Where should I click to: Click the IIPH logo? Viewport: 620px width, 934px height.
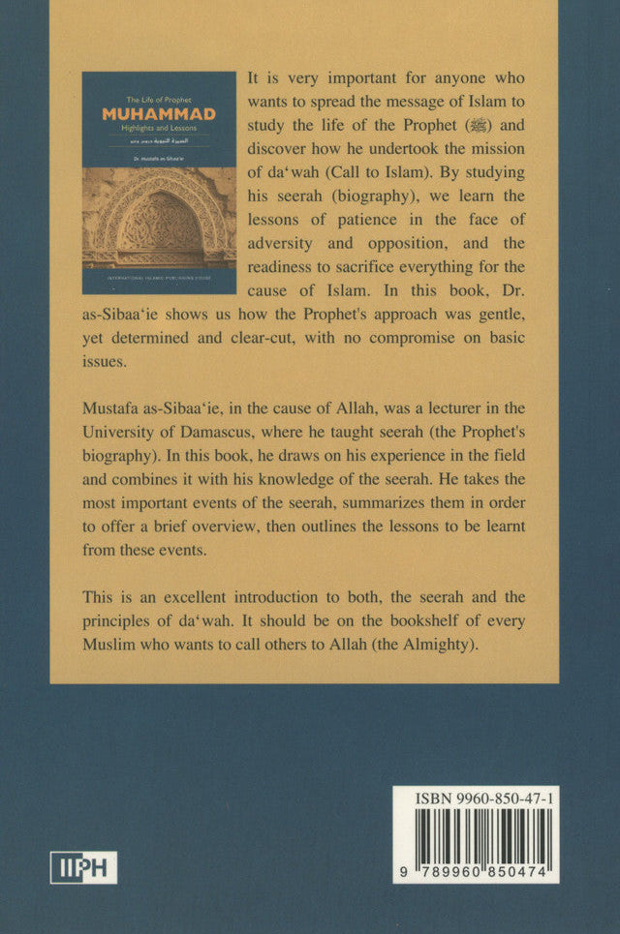click(x=83, y=866)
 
